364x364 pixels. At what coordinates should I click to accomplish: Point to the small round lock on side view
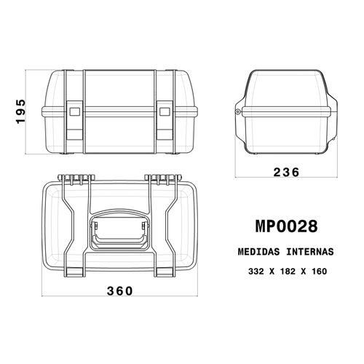click(239, 111)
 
